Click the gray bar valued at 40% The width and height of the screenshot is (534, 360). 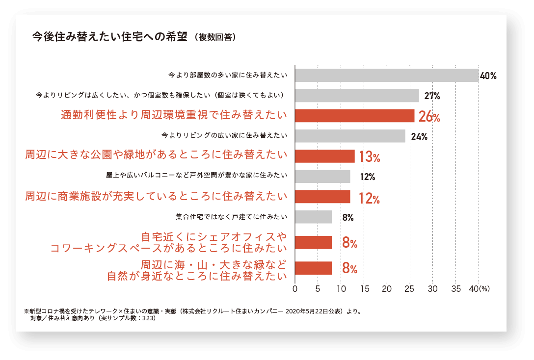tap(387, 76)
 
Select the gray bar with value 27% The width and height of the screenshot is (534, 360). tap(357, 96)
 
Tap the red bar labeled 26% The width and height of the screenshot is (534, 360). tap(354, 116)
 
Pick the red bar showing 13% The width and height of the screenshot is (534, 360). tap(324, 156)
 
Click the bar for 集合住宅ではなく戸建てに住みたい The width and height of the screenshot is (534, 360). tap(313, 217)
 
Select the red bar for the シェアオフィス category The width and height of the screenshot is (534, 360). tap(313, 242)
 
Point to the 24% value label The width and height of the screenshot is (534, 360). tap(419, 136)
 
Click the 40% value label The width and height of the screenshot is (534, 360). tap(488, 76)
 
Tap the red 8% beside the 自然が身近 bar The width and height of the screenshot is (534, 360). tap(349, 268)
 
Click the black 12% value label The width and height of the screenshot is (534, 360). tap(368, 177)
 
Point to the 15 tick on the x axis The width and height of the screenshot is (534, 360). tap(365, 289)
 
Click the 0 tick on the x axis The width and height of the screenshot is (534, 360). tap(295, 289)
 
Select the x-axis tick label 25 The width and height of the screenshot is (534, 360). tap(410, 289)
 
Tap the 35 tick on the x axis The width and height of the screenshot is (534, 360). tap(456, 289)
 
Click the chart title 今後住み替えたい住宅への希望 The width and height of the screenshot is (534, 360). tap(110, 37)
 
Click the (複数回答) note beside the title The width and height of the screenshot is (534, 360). tap(215, 37)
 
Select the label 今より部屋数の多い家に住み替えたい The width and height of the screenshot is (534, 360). tap(228, 75)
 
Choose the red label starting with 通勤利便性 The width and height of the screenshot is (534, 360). tap(174, 115)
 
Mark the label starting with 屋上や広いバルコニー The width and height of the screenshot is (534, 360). tap(196, 175)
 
